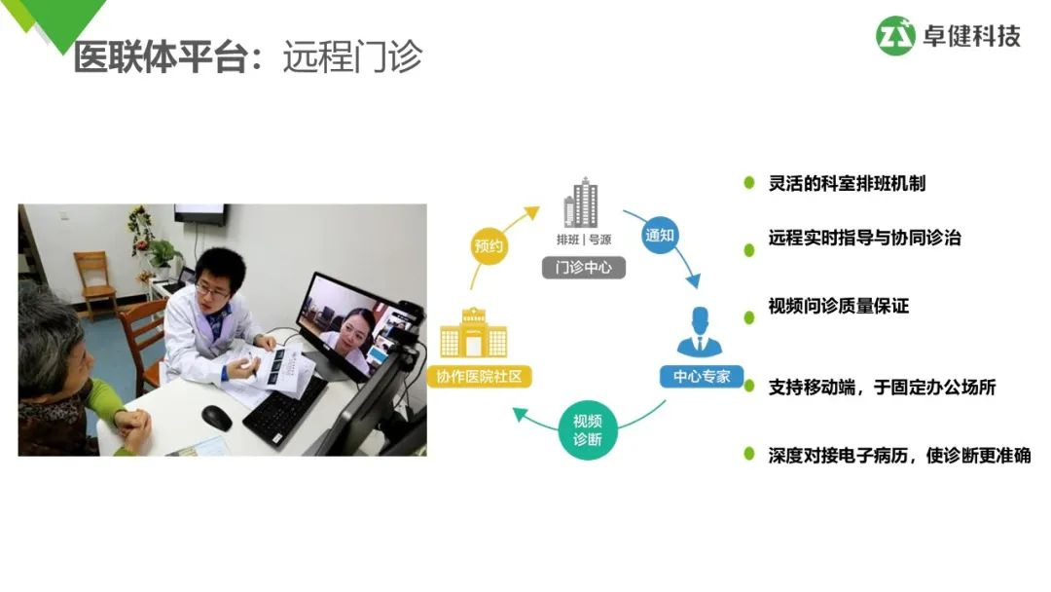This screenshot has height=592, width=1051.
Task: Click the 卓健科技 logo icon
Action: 895,36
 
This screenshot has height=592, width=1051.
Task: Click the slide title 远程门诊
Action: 352,56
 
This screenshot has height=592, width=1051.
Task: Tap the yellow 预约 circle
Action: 489,245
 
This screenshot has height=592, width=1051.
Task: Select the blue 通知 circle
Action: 660,236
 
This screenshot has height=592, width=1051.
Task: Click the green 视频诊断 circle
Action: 587,429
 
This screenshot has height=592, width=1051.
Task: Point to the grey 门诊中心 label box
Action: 583,266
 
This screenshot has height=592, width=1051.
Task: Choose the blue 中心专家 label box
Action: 701,375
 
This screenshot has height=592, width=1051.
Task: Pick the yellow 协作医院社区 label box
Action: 479,375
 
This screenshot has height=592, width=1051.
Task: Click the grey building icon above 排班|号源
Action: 582,203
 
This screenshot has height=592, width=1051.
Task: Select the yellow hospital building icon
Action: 473,333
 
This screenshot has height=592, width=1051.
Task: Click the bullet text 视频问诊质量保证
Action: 838,306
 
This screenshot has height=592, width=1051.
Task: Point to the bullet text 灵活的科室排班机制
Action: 847,183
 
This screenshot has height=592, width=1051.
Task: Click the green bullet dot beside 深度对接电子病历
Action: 749,454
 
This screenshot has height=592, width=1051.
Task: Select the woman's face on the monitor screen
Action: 358,323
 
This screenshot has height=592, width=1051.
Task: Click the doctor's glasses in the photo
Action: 211,289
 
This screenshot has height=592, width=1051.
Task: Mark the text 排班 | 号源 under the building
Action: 583,240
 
